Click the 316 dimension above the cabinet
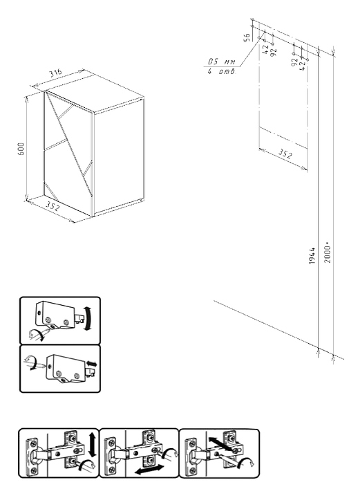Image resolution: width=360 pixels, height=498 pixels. point(55,74)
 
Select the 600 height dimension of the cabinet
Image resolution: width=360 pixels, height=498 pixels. point(21,149)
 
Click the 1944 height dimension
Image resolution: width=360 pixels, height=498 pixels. point(312,256)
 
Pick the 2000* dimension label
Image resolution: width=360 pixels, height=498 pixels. point(328,253)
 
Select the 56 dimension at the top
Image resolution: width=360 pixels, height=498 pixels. point(247,37)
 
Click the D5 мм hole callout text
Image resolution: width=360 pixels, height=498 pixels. point(222,62)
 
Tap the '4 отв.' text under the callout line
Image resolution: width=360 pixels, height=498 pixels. point(222,71)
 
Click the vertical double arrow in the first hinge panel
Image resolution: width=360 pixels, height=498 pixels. point(93,444)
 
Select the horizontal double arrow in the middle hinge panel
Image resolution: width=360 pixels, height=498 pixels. point(149,470)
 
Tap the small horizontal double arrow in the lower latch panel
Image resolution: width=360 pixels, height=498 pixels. point(92,364)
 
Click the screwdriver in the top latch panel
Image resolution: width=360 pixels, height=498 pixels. point(39,334)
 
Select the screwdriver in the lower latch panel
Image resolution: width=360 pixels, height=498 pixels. point(35,363)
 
